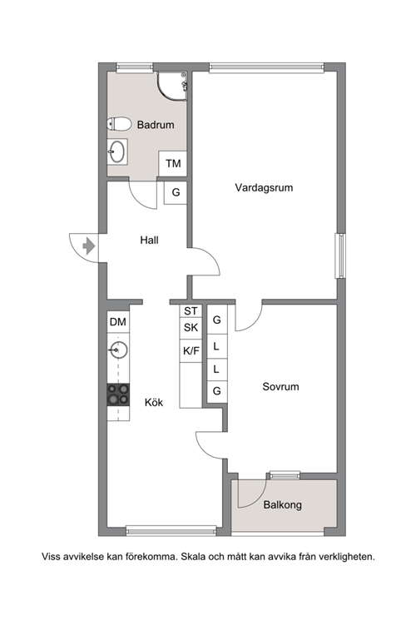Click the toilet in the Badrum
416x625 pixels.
pos(119,123)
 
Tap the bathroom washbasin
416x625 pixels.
pos(117,151)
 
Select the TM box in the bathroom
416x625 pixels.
pos(173,163)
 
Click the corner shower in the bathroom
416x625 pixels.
pos(172,87)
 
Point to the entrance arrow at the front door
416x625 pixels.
pos(88,246)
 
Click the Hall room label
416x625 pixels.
pos(150,240)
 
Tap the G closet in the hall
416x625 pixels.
pos(176,192)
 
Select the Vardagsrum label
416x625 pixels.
pos(264,187)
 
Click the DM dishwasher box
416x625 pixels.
pos(118,322)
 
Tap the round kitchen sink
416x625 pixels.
pos(117,350)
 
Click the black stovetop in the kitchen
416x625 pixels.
pos(118,394)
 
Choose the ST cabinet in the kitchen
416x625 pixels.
pos(191,311)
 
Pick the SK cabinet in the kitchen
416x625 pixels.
pos(191,328)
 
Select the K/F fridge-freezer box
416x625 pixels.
pos(191,350)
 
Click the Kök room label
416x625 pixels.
pos(154,403)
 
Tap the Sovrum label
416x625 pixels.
pos(280,387)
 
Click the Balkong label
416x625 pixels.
pos(283,505)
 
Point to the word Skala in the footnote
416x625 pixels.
pos(194,557)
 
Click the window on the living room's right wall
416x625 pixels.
pos(340,255)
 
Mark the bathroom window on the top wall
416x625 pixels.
pos(135,67)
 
